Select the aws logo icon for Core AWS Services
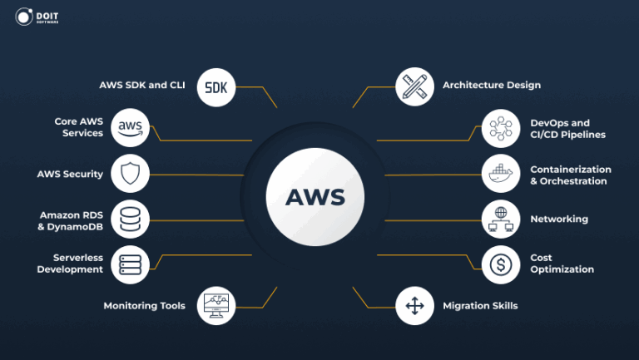[x=131, y=127]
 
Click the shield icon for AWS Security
[x=131, y=175]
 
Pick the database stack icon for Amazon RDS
[x=131, y=220]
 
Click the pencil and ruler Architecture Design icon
[x=414, y=86]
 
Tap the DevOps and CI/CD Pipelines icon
[x=502, y=128]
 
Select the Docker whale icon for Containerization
[x=502, y=175]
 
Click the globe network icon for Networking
[x=502, y=219]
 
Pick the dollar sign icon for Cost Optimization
[x=502, y=264]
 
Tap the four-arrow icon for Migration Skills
[x=414, y=306]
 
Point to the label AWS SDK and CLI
[x=143, y=85]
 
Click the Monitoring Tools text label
[x=144, y=306]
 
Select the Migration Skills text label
[x=480, y=306]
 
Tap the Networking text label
[x=559, y=219]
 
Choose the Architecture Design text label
[x=492, y=85]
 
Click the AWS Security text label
[x=70, y=175]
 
